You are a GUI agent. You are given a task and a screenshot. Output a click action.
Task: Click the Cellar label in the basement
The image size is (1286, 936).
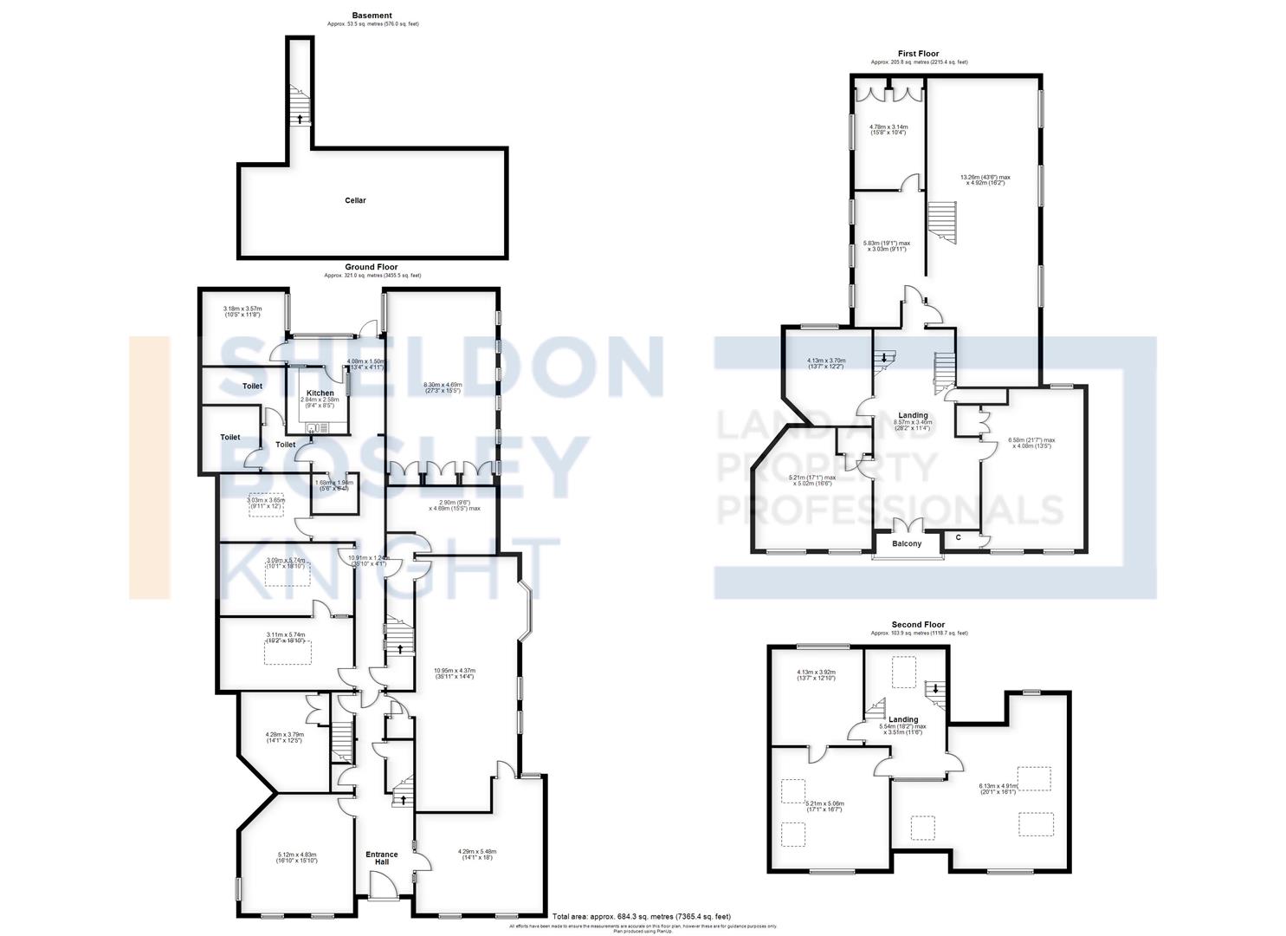[x=355, y=200]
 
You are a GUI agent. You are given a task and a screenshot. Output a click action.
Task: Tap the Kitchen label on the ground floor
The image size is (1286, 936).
[x=320, y=393]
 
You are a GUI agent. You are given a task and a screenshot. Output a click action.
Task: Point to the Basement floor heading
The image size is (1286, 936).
[x=372, y=16]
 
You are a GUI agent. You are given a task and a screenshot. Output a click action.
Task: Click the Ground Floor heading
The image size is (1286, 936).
[x=372, y=267]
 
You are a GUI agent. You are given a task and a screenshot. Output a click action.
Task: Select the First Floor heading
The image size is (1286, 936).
[x=918, y=54]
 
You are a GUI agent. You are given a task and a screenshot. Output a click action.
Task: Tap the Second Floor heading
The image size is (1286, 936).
[x=918, y=624]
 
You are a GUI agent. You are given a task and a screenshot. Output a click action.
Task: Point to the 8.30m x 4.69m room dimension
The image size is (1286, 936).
[x=442, y=387]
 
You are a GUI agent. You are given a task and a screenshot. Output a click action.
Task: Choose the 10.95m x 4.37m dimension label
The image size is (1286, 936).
[x=454, y=673]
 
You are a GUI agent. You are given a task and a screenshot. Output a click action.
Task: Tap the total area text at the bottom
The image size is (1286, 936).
[x=642, y=916]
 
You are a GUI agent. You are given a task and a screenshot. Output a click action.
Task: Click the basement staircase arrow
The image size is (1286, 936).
[x=300, y=119]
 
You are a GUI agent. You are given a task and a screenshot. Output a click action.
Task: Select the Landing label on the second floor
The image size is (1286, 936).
[x=903, y=719]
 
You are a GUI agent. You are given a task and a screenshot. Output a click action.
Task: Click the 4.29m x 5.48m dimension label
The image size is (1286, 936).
[x=477, y=855]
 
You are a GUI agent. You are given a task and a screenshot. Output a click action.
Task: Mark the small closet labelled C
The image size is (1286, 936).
[x=959, y=538]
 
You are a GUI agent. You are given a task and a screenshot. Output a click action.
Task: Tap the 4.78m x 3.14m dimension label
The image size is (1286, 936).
[x=888, y=130]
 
